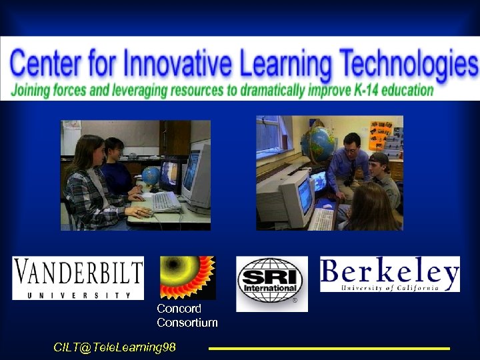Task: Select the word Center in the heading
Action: (44, 65)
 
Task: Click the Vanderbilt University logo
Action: (77, 277)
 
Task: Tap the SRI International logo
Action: (271, 283)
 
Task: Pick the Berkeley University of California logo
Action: (389, 274)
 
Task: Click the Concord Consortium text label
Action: (187, 315)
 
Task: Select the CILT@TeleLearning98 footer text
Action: (115, 347)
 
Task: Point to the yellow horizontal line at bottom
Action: (329, 348)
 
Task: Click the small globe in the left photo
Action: (151, 177)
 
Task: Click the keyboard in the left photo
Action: (164, 201)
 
